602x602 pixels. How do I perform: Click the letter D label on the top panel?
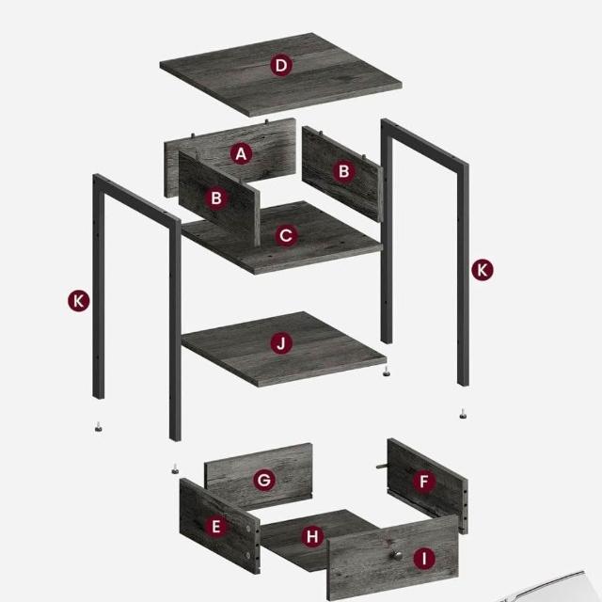click(x=281, y=65)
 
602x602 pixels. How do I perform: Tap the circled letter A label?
click(x=241, y=153)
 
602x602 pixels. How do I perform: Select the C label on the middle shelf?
click(x=286, y=235)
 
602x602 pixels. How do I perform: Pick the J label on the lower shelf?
click(x=281, y=342)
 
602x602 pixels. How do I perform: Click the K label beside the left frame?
click(x=79, y=301)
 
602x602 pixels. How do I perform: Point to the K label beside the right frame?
click(x=483, y=270)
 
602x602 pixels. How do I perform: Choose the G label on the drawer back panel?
click(x=264, y=480)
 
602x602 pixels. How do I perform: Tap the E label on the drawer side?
click(x=215, y=526)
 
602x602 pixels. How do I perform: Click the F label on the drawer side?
click(x=424, y=481)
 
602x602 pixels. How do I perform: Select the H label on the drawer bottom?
click(x=312, y=536)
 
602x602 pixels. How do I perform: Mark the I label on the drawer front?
click(x=424, y=559)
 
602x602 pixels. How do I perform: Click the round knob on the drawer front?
click(x=394, y=554)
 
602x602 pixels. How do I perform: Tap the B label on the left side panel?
click(x=216, y=198)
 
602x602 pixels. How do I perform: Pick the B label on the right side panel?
click(x=343, y=171)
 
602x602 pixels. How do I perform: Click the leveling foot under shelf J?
click(x=385, y=371)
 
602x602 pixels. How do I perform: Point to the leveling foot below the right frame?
click(x=463, y=414)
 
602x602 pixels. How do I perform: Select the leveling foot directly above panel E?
click(x=175, y=468)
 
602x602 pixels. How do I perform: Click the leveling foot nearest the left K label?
click(x=99, y=426)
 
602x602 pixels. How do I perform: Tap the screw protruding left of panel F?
click(x=382, y=467)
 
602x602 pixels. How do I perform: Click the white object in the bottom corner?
click(x=553, y=587)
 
